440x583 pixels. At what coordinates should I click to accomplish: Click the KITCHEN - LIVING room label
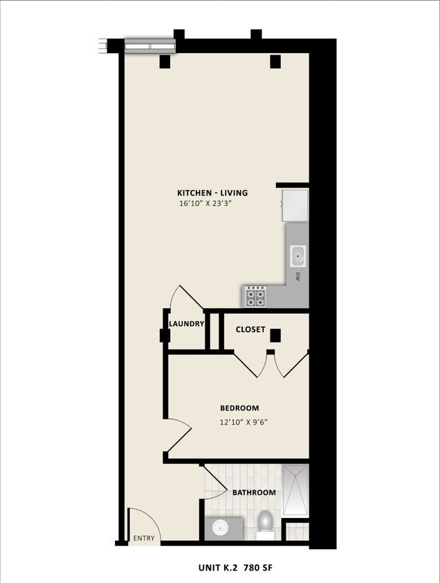212,193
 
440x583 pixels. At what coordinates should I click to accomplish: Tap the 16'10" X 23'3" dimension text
212,204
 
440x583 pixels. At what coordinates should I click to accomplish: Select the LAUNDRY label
187,323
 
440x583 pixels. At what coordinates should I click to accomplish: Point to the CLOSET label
250,329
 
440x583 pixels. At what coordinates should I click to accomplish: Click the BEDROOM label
239,408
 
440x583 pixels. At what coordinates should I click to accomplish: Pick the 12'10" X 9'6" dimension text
244,422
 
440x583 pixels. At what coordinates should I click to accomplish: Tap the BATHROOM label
254,493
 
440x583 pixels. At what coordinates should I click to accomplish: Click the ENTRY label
144,538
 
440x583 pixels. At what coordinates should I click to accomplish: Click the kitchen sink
298,256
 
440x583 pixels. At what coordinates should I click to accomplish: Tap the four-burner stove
255,297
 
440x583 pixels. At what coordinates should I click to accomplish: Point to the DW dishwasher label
297,278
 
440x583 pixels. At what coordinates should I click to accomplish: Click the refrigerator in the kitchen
295,204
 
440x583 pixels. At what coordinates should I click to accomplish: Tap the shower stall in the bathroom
295,490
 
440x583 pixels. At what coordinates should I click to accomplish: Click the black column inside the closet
275,336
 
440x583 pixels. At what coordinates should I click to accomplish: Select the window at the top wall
149,46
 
